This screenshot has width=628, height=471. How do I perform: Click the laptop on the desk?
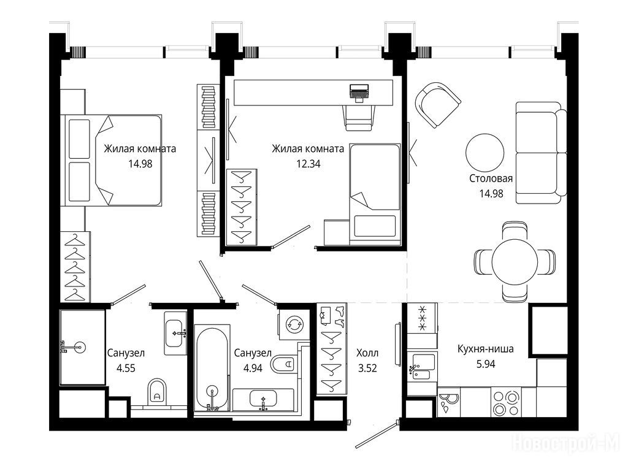tap(359, 92)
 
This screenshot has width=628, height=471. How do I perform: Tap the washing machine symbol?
tap(294, 324)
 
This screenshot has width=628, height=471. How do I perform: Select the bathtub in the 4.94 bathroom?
tap(212, 368)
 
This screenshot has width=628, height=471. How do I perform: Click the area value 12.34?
tap(308, 164)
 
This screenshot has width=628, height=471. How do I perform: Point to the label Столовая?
tap(491, 178)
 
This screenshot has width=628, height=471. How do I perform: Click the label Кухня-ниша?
tap(486, 349)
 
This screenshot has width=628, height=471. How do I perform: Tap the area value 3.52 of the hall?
tap(367, 368)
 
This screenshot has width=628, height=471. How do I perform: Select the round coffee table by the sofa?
tap(485, 153)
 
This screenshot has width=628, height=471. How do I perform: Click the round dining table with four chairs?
tap(515, 262)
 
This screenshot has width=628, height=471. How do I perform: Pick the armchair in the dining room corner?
tap(437, 105)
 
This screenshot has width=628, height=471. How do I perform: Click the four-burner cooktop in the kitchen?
tap(506, 402)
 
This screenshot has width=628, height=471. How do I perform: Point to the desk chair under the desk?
tap(359, 118)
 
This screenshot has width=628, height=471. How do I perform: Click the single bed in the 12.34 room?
tap(375, 194)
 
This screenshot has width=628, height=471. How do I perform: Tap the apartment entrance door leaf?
tap(377, 434)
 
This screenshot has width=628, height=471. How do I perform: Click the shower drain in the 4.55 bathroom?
tap(80, 347)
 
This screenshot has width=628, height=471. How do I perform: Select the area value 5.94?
tap(486, 364)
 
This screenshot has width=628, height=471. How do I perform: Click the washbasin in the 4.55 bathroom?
tap(175, 333)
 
